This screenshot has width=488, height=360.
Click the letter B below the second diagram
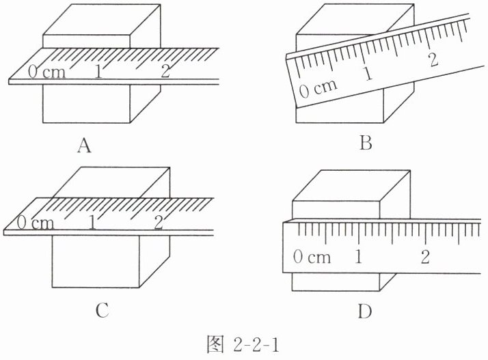[364, 143]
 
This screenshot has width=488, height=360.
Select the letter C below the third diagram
[102, 311]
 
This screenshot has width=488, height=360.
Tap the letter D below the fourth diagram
[364, 312]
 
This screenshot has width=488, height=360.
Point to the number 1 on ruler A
[100, 71]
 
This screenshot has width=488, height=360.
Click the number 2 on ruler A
[165, 71]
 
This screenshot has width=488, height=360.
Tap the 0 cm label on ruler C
[35, 223]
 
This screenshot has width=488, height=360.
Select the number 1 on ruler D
[359, 258]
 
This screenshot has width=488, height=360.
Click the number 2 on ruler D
[425, 258]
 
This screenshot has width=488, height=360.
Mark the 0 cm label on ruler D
[311, 258]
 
